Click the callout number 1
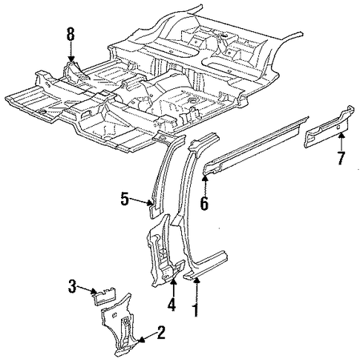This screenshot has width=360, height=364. pos(196,310)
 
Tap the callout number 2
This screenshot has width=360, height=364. pos(161,332)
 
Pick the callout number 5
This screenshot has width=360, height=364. pos(125,199)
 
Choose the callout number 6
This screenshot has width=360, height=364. pos(204,204)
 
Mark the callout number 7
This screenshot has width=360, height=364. pos(341,158)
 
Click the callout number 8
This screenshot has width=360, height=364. pos(71,34)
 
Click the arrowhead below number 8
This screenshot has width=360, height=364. pos(71,59)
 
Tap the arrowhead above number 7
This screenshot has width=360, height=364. pos(341,135)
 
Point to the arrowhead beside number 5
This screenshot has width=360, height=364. pos(150,203)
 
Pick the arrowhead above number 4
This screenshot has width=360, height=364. pos(174,281)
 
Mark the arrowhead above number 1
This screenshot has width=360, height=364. pos(197,280)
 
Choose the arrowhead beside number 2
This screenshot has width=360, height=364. pos(141,340)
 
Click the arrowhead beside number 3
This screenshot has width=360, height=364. pos(94,291)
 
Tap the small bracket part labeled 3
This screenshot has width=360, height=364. pos(105,297)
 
